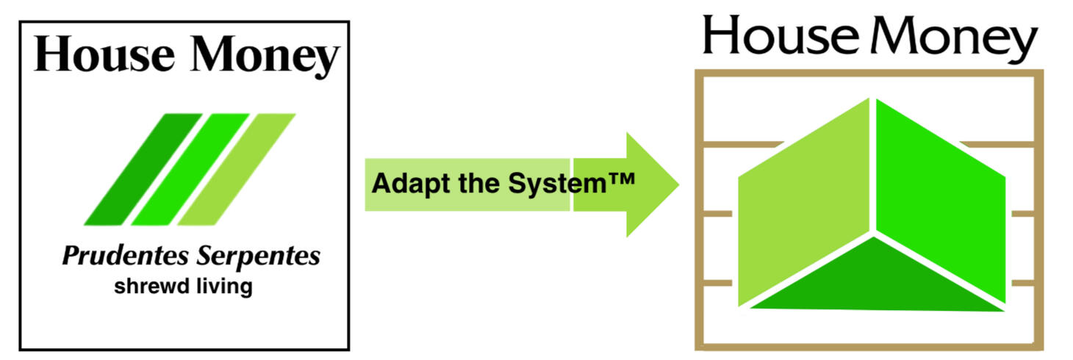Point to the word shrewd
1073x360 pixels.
(146, 286)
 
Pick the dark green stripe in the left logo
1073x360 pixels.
(143, 169)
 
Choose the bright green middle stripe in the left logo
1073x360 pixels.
(189, 169)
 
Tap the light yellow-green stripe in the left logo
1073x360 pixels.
(236, 169)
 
